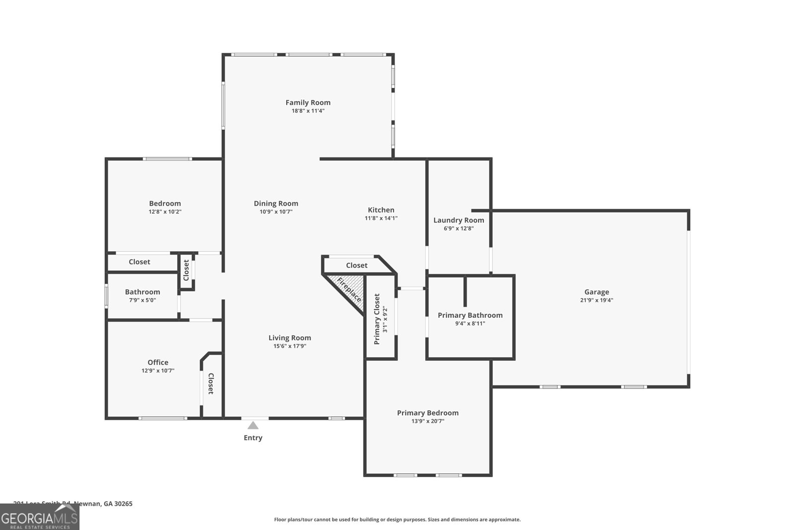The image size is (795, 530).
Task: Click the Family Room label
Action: click(308, 102)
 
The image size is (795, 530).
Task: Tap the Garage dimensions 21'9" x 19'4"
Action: click(596, 300)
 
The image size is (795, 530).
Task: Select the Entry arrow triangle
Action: click(253, 425)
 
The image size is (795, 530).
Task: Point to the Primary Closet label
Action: click(377, 319)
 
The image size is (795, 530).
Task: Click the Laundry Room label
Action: click(458, 220)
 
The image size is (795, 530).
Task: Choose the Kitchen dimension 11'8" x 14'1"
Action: click(381, 218)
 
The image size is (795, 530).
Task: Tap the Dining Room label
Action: click(276, 203)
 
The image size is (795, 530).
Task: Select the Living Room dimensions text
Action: click(290, 346)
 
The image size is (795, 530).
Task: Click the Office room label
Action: click(158, 363)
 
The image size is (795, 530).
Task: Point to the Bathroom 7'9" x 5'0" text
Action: click(143, 300)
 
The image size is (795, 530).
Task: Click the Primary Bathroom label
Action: click(470, 315)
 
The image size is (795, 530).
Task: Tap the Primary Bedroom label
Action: click(427, 413)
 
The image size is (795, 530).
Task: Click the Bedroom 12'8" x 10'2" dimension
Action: click(165, 212)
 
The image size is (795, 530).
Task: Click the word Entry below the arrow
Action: click(253, 438)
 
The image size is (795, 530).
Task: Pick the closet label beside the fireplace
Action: click(356, 265)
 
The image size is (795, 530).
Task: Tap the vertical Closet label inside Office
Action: click(211, 383)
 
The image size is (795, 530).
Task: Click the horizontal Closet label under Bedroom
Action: click(139, 262)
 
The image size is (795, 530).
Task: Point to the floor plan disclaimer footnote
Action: click(397, 520)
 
